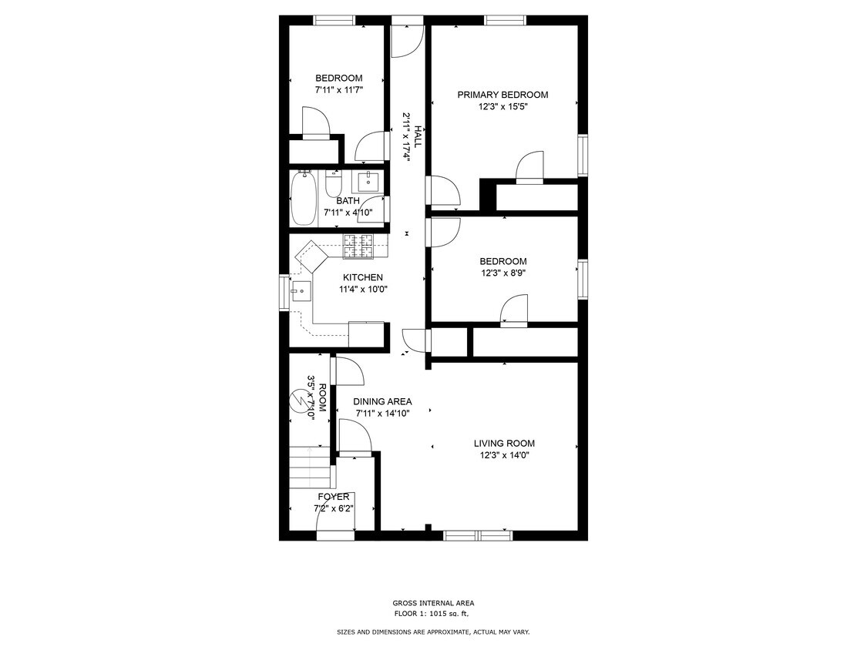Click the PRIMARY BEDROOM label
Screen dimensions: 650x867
[x=502, y=95]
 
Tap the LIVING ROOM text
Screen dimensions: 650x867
[x=503, y=443]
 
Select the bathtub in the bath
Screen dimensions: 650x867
[x=303, y=198]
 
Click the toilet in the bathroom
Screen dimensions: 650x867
[x=334, y=186]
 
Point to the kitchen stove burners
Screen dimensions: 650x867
[x=358, y=246]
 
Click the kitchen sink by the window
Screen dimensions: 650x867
[x=301, y=291]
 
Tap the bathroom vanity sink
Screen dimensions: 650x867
[x=368, y=182]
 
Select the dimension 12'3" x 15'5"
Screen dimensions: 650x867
[x=502, y=107]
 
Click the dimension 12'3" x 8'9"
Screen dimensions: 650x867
[x=502, y=273]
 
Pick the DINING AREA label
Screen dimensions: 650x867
[x=382, y=401]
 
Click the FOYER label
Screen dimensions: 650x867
[x=333, y=497]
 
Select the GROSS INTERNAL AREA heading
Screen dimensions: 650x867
[x=433, y=603]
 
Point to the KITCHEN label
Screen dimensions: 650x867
[x=362, y=277]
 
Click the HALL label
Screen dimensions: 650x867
[x=418, y=137]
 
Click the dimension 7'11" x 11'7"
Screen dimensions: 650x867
[x=338, y=90]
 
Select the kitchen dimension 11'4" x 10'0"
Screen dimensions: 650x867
[x=362, y=290]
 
